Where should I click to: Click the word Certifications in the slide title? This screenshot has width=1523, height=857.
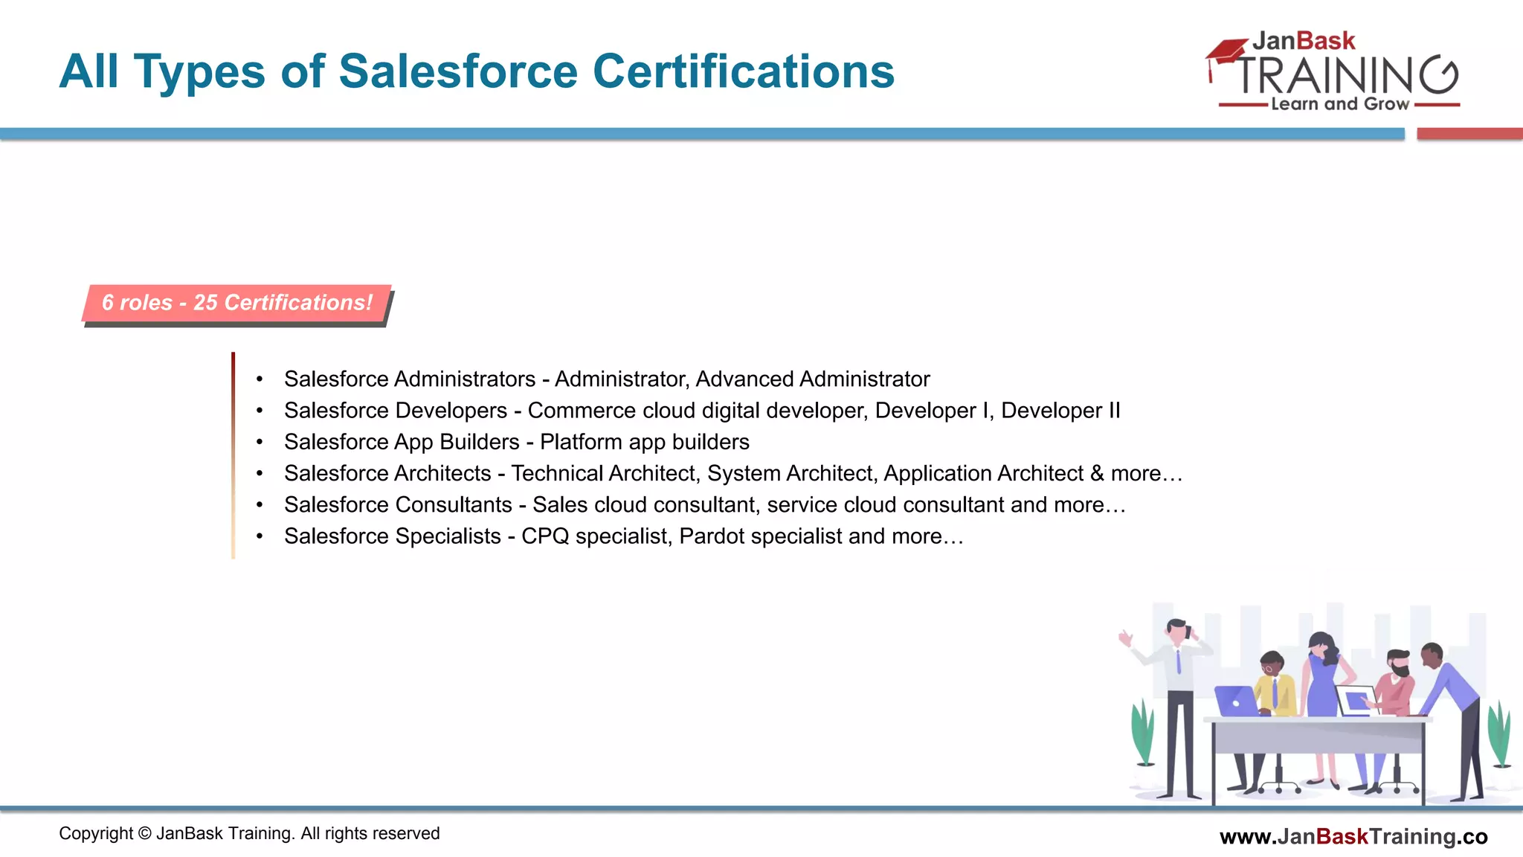click(x=743, y=71)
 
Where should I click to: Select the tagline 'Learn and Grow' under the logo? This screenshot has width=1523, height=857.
click(x=1339, y=104)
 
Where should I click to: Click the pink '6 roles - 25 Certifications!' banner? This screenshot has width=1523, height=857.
click(x=236, y=303)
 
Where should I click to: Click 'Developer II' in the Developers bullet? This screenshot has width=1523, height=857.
click(x=1060, y=411)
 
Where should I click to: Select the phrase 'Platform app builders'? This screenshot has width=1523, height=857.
click(x=644, y=442)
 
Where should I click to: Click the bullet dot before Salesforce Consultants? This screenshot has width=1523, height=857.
click(x=260, y=505)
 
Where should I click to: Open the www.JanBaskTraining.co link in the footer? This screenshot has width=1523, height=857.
click(x=1353, y=837)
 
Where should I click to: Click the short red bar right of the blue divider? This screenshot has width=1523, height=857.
click(x=1469, y=134)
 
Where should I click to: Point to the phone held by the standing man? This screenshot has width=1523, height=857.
click(x=1189, y=632)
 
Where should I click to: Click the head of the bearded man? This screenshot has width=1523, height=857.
click(x=1399, y=663)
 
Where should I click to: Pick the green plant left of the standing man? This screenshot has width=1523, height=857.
click(x=1143, y=733)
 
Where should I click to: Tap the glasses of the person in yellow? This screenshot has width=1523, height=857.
click(x=1269, y=668)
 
